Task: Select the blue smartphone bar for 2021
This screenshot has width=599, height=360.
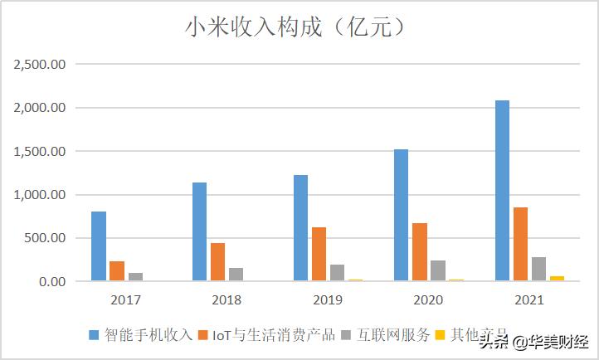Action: tap(502, 191)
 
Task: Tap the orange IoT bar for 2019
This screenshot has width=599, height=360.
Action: tap(319, 254)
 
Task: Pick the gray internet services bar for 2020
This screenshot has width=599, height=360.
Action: tap(437, 270)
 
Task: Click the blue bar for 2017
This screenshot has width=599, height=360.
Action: tap(99, 246)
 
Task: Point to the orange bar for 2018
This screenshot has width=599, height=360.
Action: tap(217, 262)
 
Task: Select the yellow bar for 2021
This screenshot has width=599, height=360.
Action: tap(557, 279)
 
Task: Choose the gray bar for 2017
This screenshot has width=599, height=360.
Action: tap(135, 277)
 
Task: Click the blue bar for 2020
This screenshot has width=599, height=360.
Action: tap(402, 215)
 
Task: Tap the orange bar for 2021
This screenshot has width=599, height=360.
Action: tap(520, 244)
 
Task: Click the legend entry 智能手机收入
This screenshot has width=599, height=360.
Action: tap(140, 334)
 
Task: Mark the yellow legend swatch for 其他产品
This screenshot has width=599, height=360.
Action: tap(443, 334)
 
